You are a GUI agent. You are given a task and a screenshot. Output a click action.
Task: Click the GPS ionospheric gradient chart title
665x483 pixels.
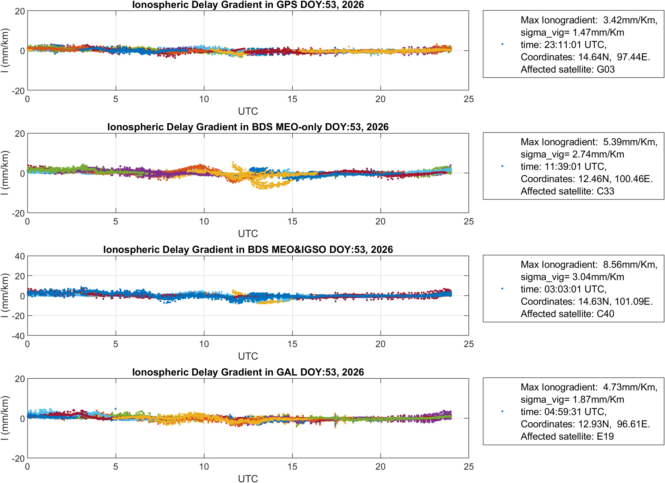(248, 5)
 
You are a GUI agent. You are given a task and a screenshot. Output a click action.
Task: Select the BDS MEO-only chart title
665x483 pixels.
(248, 127)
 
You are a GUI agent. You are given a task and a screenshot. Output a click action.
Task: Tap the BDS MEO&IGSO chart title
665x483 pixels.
(248, 249)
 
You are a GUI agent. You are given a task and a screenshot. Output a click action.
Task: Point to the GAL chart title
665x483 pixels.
(248, 372)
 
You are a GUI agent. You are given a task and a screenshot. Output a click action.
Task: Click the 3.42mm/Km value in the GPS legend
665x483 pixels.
(630, 20)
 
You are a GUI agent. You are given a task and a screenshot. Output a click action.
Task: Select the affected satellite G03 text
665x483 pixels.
(567, 69)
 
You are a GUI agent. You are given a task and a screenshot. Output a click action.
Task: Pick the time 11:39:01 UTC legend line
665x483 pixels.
(563, 166)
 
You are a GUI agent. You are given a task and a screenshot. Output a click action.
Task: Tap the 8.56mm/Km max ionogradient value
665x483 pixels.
(630, 264)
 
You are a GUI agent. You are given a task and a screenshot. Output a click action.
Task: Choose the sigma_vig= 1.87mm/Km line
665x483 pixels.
(572, 399)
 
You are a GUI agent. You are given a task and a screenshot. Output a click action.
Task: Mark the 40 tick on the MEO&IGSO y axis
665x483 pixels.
(20, 257)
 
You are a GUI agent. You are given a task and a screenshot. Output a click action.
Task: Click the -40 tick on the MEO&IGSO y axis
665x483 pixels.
(18, 336)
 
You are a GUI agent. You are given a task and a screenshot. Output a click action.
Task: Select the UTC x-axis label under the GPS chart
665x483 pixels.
(248, 111)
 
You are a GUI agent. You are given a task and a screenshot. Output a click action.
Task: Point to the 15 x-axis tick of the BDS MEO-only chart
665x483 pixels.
(292, 222)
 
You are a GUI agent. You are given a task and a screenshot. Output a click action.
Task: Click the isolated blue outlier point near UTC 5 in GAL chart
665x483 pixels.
(115, 409)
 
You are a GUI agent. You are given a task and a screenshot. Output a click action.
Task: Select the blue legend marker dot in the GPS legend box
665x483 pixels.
(502, 44)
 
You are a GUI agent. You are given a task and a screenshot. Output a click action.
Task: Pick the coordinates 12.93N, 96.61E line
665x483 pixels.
(585, 424)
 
